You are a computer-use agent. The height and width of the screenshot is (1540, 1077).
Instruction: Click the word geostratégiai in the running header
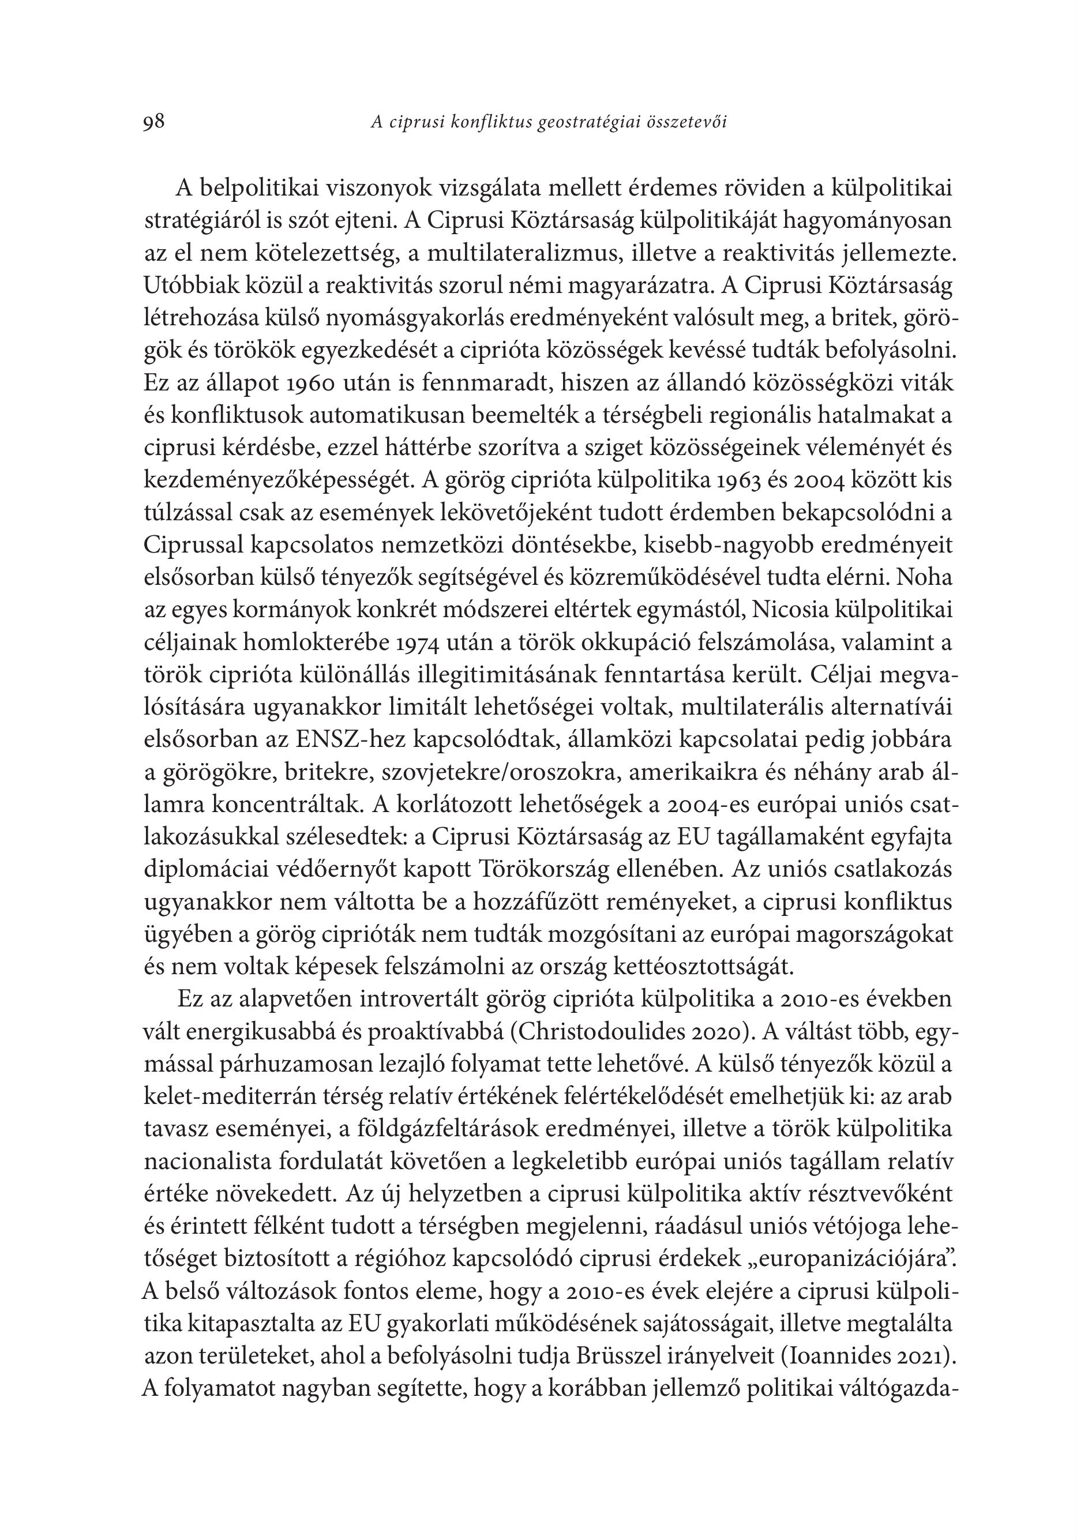point(587,122)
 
